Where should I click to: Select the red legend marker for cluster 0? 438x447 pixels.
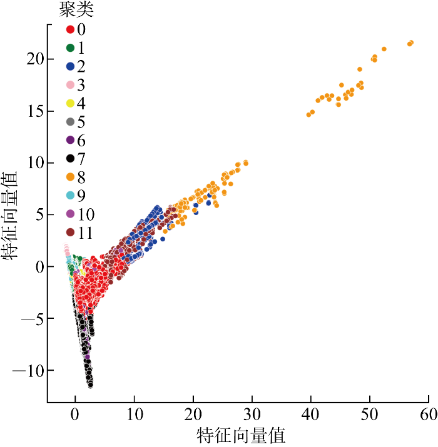point(70,29)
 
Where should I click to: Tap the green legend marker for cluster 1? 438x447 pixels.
point(70,48)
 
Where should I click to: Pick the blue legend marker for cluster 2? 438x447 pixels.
point(70,66)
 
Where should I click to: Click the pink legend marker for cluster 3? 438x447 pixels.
point(70,85)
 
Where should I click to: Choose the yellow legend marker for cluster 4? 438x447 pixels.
point(70,103)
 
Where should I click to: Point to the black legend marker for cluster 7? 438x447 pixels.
point(70,159)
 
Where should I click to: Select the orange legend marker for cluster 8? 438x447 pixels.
point(70,177)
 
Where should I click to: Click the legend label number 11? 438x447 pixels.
point(85,233)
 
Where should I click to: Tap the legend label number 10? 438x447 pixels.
point(86,214)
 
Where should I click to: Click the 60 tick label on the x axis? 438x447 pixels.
point(429,414)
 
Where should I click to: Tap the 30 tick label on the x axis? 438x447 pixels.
point(252,414)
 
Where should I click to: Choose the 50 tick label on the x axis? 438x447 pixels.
point(370,414)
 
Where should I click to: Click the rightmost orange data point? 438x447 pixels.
point(411,43)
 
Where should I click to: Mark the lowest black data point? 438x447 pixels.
point(91,385)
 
